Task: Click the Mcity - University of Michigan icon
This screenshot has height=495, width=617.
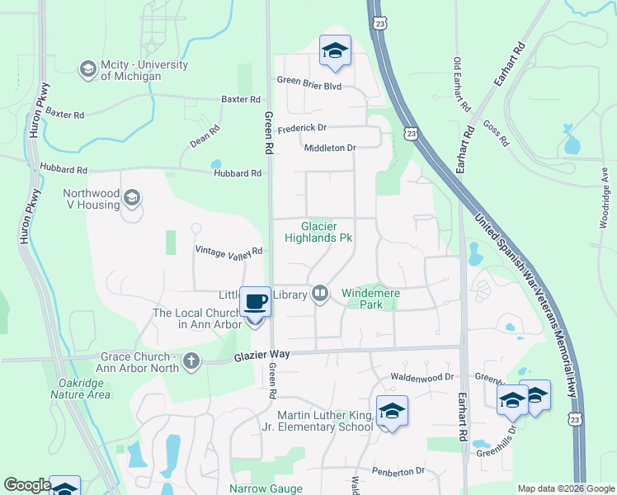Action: coord(87,70)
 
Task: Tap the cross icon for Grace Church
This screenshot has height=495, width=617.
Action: coord(191,361)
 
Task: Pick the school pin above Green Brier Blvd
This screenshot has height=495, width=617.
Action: coord(335,52)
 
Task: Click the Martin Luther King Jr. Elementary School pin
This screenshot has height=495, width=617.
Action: coord(392,411)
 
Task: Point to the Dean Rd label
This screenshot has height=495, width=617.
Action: coord(205,136)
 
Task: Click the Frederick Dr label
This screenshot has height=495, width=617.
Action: coord(302,128)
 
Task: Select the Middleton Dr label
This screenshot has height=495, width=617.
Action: coord(329,148)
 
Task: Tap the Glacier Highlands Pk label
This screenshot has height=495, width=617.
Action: coord(318,231)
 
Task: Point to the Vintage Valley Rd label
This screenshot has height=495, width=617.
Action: coord(228,251)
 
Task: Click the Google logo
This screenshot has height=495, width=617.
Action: coord(27,485)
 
